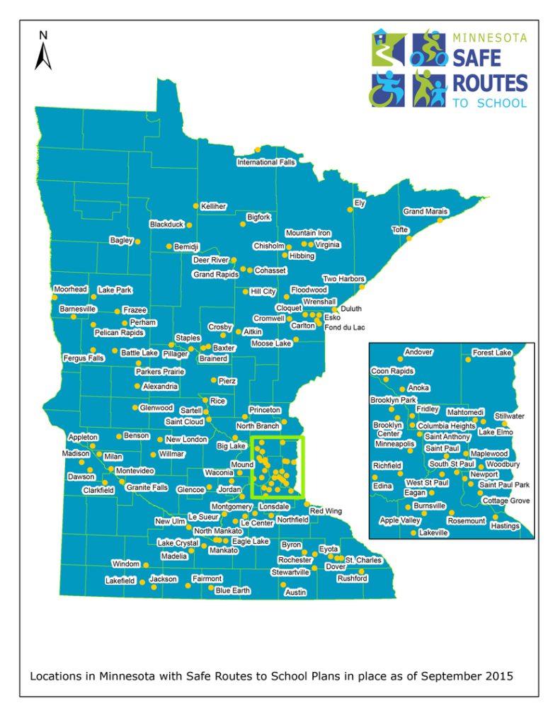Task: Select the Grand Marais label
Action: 425,212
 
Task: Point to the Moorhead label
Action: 70,290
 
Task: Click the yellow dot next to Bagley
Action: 137,242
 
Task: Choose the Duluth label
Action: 351,309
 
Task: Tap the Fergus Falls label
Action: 83,358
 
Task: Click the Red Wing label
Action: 326,510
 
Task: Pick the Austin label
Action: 295,592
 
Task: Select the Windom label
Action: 126,564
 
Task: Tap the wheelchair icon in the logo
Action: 387,89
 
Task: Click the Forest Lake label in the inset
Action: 492,353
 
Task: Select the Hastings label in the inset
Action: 505,526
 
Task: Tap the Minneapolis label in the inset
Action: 395,444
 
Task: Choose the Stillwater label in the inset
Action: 510,416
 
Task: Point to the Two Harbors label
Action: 343,278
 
